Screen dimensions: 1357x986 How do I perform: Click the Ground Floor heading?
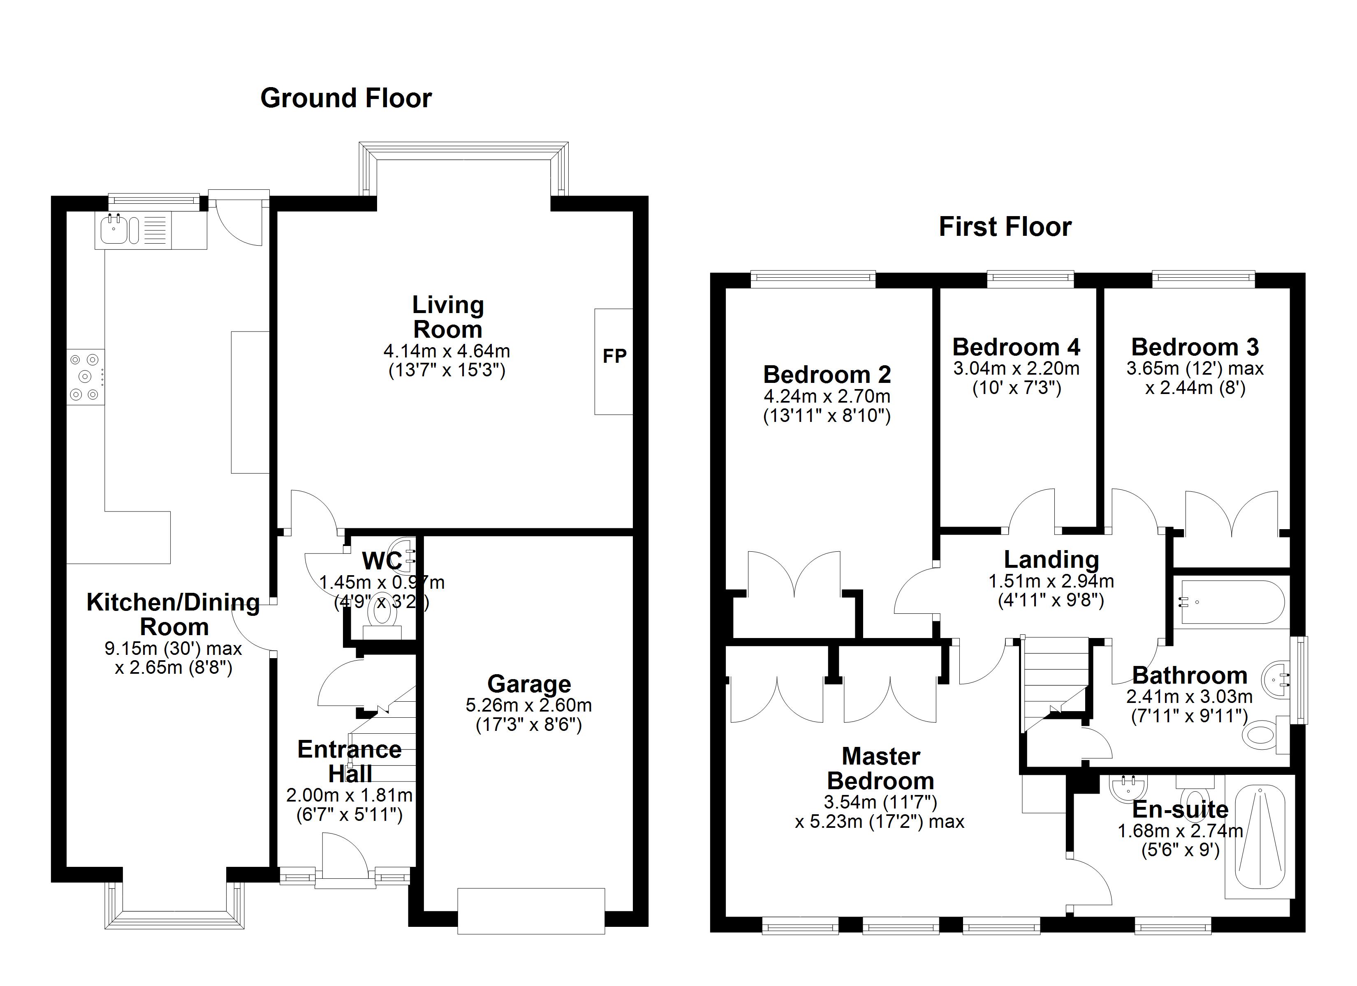tap(346, 99)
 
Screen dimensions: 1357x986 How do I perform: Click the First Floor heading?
tap(1005, 227)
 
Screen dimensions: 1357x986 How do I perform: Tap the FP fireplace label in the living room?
tap(614, 356)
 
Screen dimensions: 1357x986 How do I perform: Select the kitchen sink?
tap(113, 230)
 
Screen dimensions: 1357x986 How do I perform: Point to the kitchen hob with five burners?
tap(85, 377)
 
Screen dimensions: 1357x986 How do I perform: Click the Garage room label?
tap(529, 684)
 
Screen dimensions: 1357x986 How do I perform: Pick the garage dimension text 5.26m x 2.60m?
tap(529, 705)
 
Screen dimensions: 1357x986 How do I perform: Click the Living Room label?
tap(447, 317)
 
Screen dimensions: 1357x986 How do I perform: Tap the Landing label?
tap(1051, 560)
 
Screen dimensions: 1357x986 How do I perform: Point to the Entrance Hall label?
tap(350, 762)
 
